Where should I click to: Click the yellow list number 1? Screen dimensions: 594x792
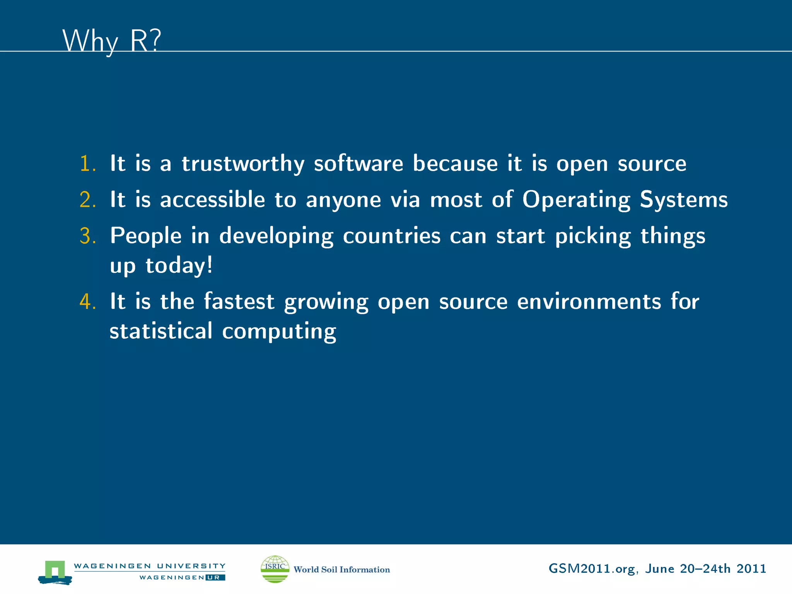(x=87, y=164)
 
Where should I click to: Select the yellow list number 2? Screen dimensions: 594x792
(x=87, y=200)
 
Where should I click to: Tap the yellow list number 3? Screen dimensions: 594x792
(x=87, y=236)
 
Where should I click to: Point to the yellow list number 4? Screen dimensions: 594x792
(x=87, y=302)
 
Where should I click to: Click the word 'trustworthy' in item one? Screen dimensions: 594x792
(x=243, y=164)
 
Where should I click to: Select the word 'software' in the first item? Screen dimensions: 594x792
(x=358, y=164)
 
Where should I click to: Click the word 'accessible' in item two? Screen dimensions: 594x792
(x=212, y=200)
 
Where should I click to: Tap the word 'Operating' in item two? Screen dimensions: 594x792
(x=576, y=200)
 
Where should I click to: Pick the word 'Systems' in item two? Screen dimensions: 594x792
(x=684, y=200)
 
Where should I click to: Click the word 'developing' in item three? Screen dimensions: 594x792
(x=276, y=237)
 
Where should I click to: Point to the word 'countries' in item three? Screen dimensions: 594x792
(x=391, y=236)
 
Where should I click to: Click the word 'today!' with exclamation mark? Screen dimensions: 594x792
(x=179, y=266)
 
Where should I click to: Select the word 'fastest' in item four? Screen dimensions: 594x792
(x=239, y=302)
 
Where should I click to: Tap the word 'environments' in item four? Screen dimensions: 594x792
(x=589, y=302)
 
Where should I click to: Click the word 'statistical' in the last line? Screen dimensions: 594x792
(x=161, y=331)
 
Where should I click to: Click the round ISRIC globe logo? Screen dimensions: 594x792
(x=275, y=569)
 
